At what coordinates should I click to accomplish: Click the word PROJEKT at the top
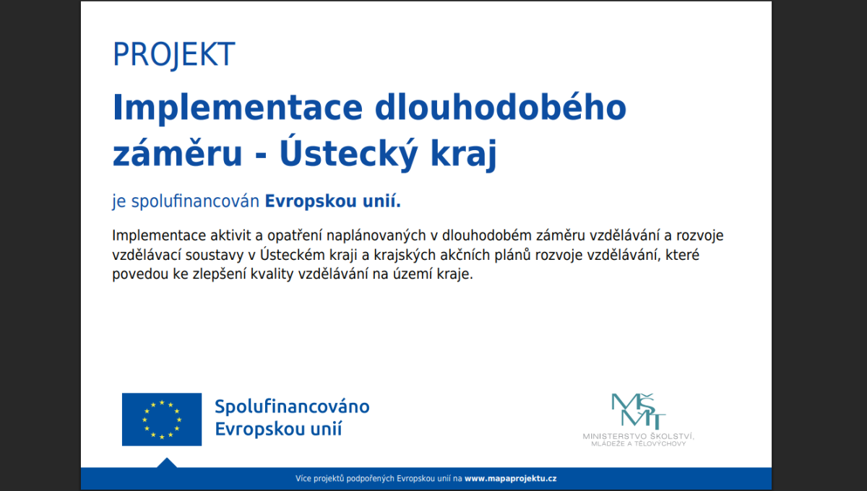click(174, 55)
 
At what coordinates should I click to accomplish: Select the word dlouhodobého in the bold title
click(501, 107)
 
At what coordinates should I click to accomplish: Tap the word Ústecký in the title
click(348, 154)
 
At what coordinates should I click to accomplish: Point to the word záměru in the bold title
click(177, 154)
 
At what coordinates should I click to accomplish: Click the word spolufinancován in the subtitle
click(195, 201)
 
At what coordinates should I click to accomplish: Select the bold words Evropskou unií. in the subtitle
click(333, 201)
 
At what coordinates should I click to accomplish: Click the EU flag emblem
click(162, 420)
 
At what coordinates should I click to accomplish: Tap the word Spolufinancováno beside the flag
click(292, 407)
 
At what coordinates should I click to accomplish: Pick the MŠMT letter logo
click(638, 411)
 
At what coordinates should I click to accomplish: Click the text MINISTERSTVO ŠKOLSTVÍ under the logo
click(639, 436)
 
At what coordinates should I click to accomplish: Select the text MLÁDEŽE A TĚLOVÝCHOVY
click(639, 444)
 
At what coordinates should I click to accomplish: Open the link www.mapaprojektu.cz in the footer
click(511, 479)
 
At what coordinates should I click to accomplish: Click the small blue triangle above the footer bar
click(167, 463)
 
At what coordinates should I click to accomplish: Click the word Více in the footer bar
click(303, 479)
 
